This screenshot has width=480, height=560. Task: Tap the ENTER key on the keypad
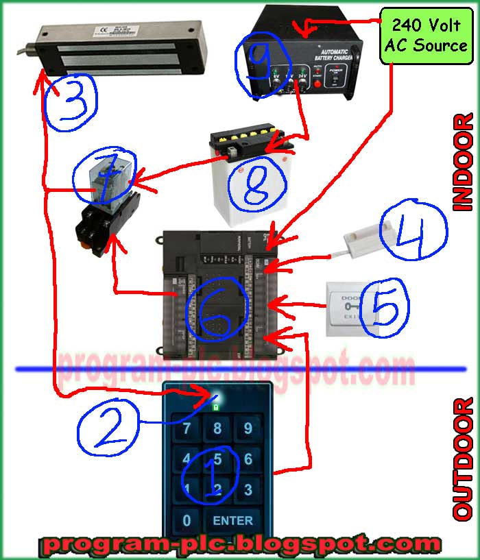[x=232, y=520]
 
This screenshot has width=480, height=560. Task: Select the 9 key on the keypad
[x=248, y=429]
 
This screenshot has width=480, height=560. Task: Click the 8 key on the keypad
[x=217, y=429]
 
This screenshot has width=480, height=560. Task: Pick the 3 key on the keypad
[x=248, y=489]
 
